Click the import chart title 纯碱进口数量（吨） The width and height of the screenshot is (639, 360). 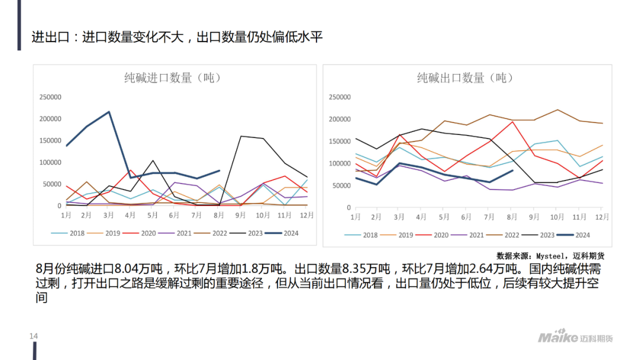(x=173, y=78)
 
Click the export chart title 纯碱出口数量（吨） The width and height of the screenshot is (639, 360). (x=465, y=78)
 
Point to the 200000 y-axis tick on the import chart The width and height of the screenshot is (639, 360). (x=50, y=119)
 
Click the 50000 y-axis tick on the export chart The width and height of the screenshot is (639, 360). (x=340, y=186)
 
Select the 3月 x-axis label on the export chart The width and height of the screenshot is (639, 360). (x=400, y=217)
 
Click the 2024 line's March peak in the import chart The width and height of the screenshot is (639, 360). (x=109, y=112)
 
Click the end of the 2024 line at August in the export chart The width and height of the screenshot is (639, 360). (x=512, y=171)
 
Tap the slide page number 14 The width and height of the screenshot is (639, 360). (x=34, y=336)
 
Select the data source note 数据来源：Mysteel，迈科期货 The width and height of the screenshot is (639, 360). (x=550, y=256)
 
